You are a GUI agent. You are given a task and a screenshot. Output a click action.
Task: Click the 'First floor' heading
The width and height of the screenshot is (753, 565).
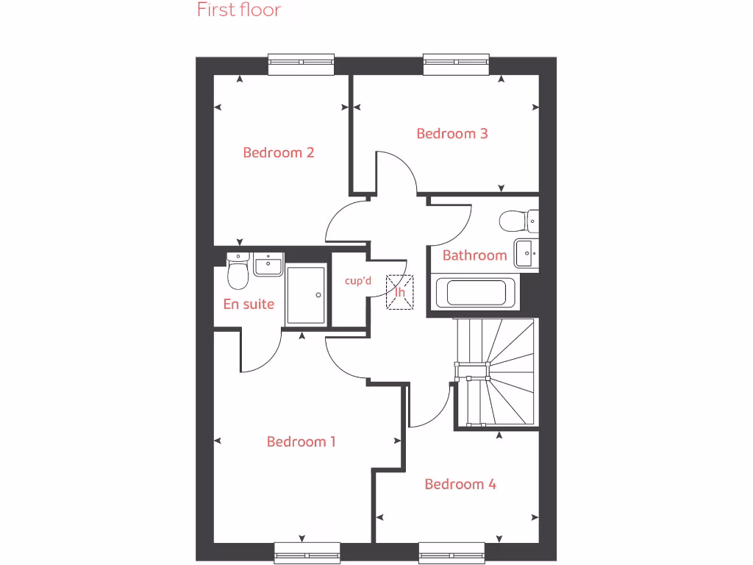pos(239,10)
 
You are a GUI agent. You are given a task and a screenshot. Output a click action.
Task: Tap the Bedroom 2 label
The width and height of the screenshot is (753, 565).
pos(279,153)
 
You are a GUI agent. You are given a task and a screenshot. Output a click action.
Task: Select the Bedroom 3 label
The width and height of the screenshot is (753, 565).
pos(452,134)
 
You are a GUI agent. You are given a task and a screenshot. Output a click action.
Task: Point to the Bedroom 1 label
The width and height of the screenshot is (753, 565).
pos(301,442)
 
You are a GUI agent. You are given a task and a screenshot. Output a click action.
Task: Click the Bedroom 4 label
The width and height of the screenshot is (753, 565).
pos(460,484)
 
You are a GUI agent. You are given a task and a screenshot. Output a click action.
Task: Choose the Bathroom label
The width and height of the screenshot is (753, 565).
pos(474,255)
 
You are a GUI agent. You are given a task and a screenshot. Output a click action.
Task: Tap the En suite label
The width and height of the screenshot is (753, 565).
pos(249,304)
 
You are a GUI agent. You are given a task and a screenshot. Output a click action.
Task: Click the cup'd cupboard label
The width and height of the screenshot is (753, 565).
pos(359,280)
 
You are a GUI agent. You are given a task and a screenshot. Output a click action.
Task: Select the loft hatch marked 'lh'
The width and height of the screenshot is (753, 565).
pos(400,292)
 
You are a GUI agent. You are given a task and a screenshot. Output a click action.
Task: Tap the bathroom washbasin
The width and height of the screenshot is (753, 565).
pos(527,253)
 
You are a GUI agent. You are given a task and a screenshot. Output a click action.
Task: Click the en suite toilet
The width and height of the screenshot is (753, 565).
pos(237,272)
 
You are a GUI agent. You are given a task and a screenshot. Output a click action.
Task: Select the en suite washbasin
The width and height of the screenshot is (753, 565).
pos(268,263)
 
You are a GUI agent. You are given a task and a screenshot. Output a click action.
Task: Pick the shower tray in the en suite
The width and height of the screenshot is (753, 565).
pos(305,295)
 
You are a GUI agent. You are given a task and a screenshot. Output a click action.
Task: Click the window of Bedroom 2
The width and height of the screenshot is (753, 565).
pos(301,64)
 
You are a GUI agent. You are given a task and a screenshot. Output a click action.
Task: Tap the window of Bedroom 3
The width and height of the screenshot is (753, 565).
pos(457,64)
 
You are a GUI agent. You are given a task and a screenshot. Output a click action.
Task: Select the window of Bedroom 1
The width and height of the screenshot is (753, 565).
pos(307,553)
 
